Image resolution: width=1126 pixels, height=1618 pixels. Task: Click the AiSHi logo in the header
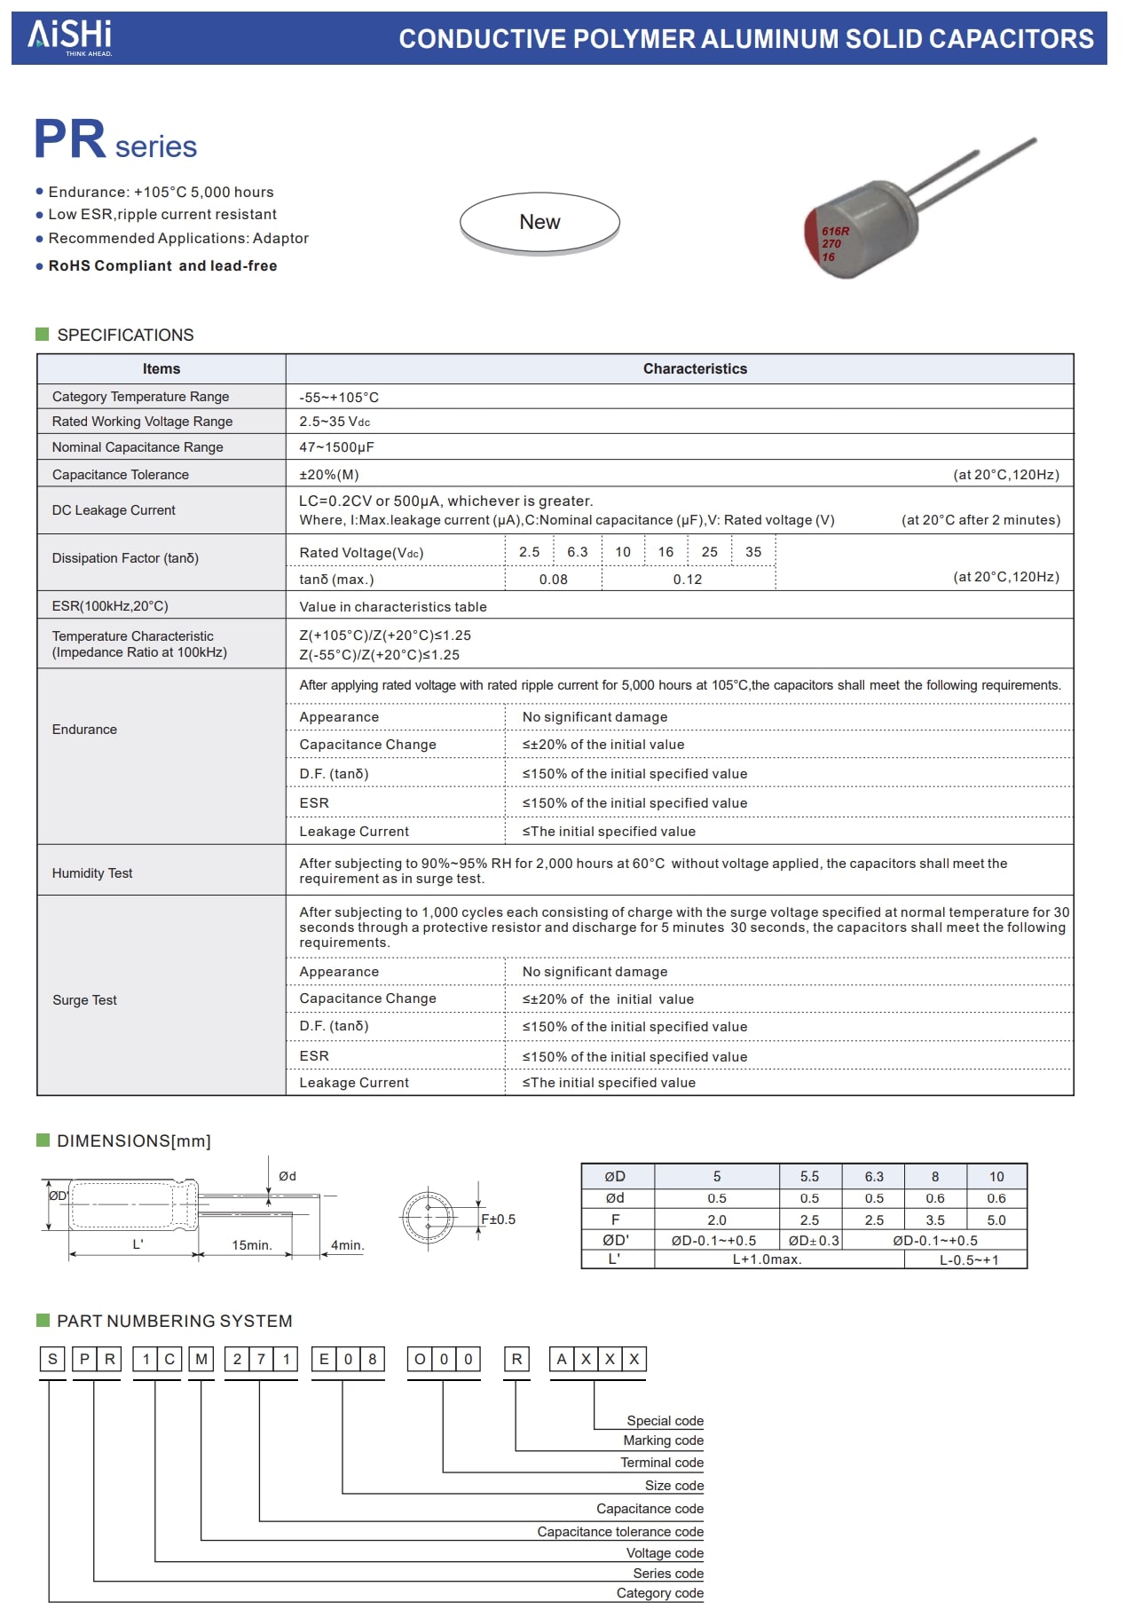[x=70, y=36]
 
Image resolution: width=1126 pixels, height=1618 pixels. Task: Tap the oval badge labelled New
[x=539, y=223]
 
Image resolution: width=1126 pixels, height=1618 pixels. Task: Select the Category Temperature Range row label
[x=140, y=397]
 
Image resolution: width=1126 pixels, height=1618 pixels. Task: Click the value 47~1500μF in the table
[x=336, y=447]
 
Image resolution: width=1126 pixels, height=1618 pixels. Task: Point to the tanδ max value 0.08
[x=553, y=580]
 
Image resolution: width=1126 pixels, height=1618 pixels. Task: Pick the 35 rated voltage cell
[x=753, y=552]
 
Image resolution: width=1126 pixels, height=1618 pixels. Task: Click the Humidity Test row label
[x=92, y=873]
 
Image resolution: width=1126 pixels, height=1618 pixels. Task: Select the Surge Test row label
[x=84, y=1000]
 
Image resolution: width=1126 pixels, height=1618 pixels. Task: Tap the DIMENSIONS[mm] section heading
[x=133, y=1141]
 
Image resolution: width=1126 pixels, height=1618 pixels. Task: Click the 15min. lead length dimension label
[x=252, y=1245]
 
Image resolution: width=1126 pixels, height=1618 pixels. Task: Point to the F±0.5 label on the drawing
[x=498, y=1219]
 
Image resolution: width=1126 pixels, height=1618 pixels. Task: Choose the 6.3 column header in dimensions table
[x=874, y=1177]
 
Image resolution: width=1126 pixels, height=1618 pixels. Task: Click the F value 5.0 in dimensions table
[x=996, y=1220]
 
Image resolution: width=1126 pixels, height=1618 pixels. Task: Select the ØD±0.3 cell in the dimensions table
[x=809, y=1241]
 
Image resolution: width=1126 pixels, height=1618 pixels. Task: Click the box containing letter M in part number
[x=202, y=1360]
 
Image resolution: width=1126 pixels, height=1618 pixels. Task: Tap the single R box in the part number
[x=516, y=1360]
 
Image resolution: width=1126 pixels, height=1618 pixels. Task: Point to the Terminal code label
[x=662, y=1463]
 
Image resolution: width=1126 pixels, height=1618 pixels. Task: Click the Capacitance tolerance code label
[x=619, y=1532]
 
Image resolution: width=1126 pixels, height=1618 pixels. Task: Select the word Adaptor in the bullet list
[x=280, y=239]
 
